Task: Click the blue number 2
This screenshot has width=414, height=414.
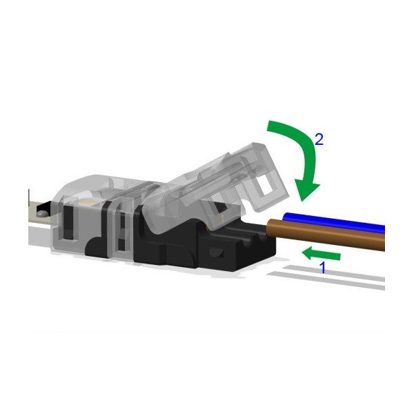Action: click(318, 139)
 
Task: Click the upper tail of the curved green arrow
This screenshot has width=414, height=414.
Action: click(270, 127)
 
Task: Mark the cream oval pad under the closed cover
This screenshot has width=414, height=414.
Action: click(92, 199)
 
